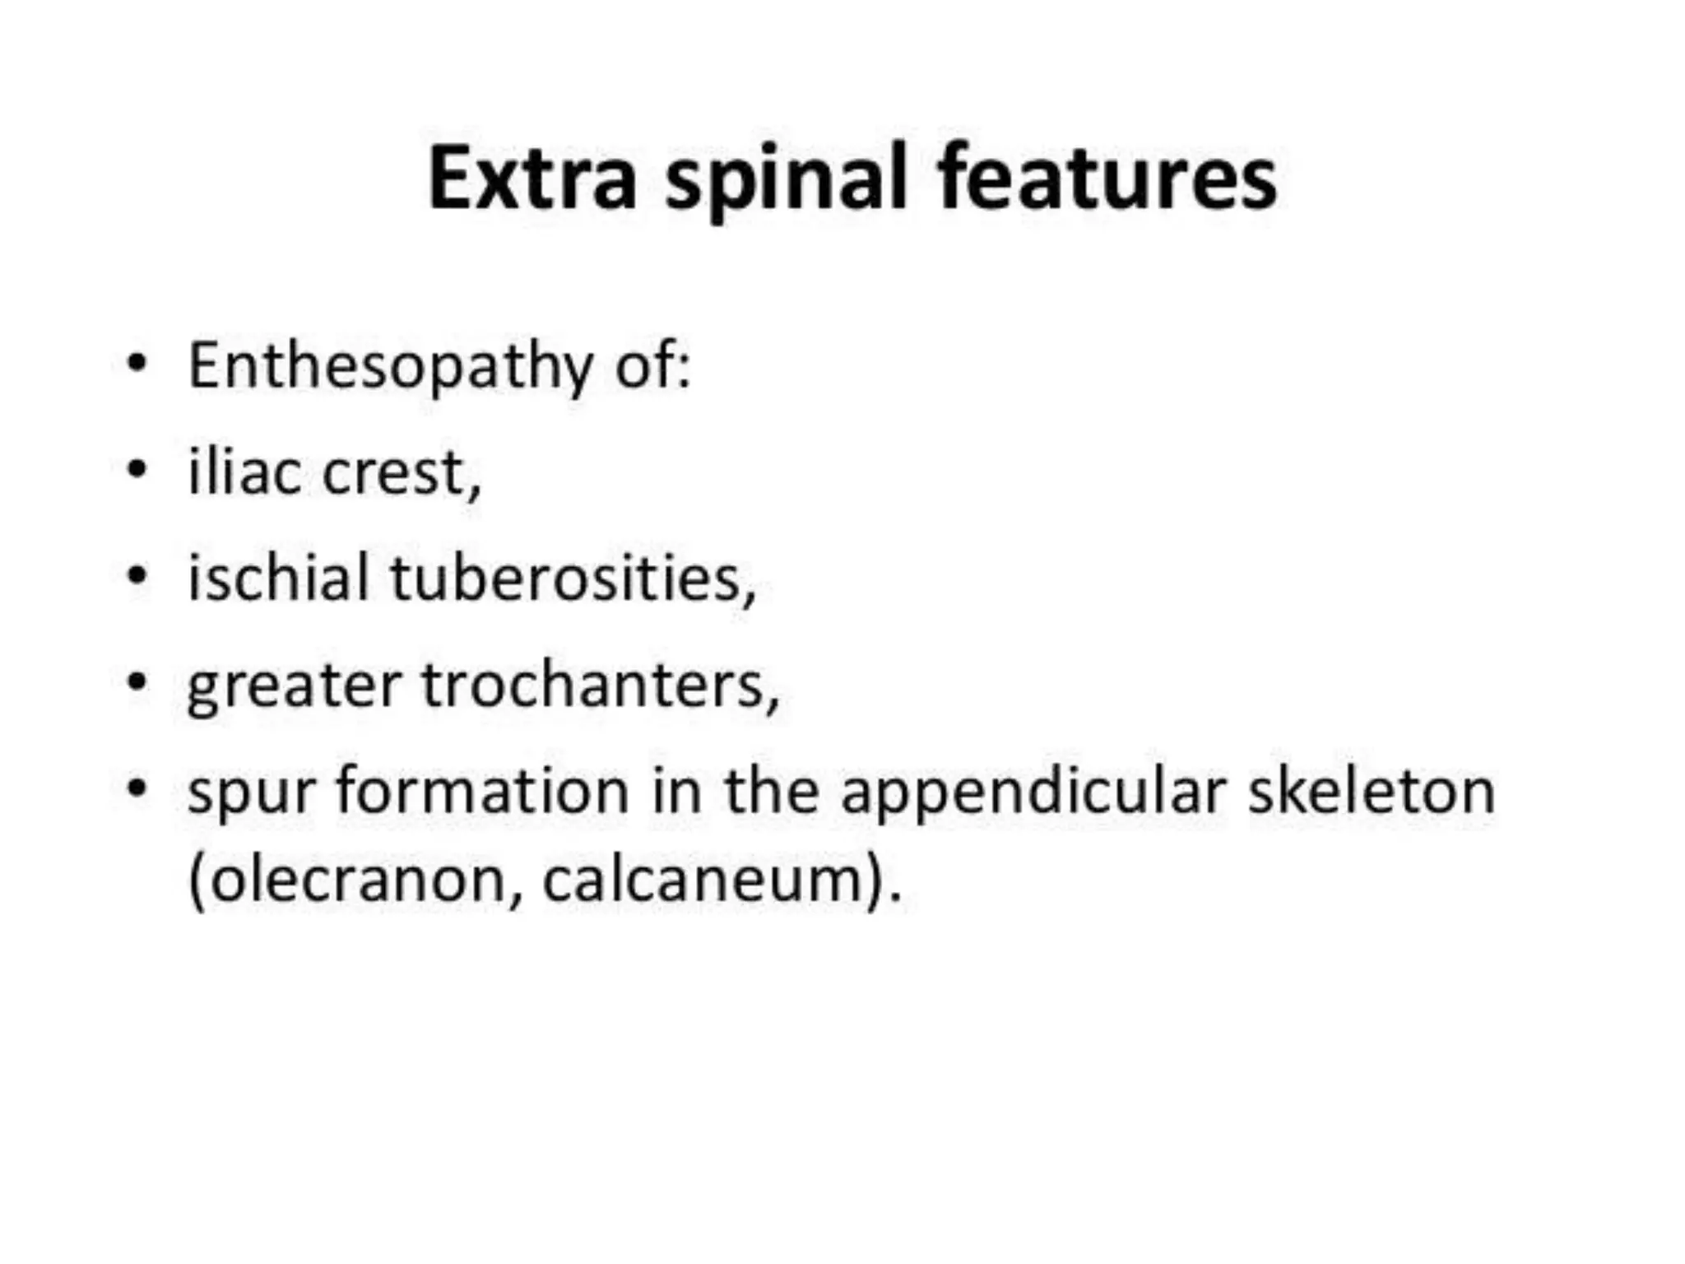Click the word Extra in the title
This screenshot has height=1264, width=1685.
click(532, 179)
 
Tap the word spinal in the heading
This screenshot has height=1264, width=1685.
click(787, 181)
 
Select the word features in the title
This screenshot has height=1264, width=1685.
click(1107, 179)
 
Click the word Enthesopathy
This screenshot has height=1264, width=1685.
click(390, 367)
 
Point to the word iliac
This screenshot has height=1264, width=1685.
click(244, 473)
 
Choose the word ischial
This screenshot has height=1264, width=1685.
click(278, 579)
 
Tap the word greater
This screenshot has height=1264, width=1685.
click(295, 685)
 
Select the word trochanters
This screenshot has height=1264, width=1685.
click(599, 685)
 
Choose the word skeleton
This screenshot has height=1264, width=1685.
click(1371, 791)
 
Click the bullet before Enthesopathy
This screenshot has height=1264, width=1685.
click(137, 363)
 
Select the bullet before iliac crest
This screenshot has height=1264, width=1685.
click(137, 470)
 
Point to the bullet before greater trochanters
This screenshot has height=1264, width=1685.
click(137, 682)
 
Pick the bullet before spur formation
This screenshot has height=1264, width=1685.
click(137, 788)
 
